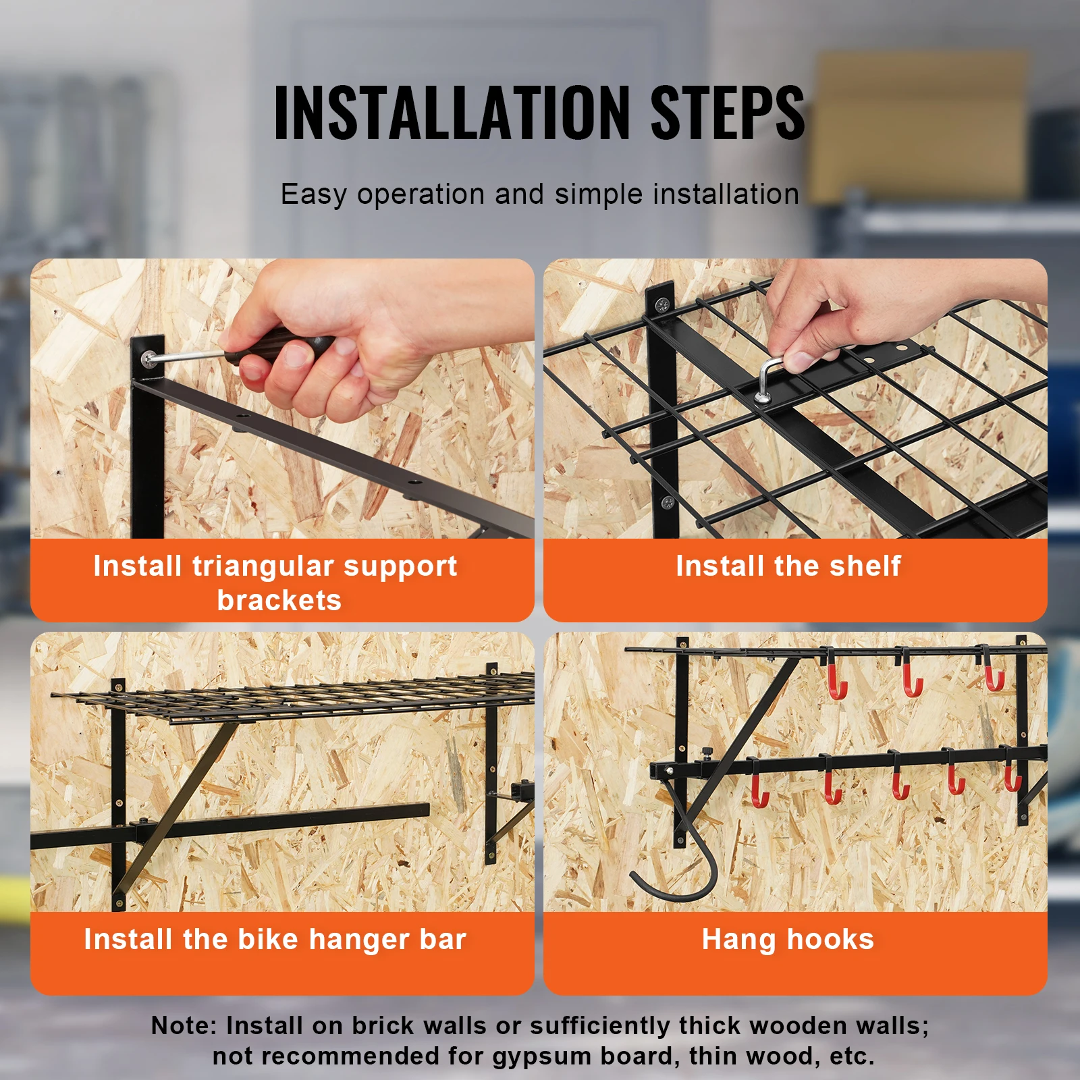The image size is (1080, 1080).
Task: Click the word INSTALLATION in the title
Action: point(451,113)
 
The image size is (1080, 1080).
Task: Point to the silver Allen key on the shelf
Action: point(767,378)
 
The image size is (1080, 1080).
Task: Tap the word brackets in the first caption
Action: point(279,600)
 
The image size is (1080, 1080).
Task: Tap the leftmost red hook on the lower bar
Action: point(760,790)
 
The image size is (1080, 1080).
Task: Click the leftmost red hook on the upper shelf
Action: point(836,682)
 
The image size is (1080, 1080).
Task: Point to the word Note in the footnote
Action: point(182,1025)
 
